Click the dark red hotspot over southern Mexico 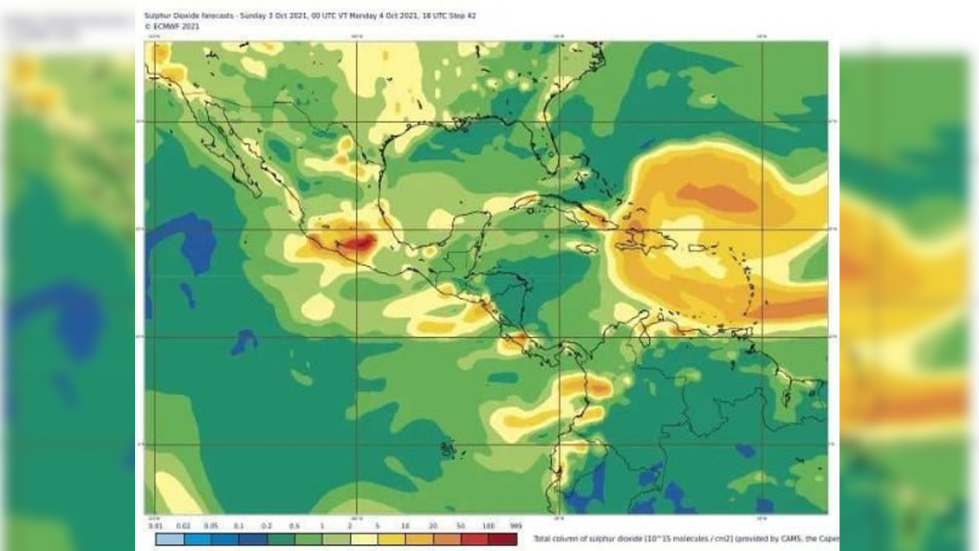click(358, 243)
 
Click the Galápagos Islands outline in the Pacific click(448, 449)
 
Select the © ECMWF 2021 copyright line click(172, 26)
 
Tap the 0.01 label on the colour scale click(156, 526)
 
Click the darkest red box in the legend click(504, 539)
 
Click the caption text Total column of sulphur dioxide click(589, 538)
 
